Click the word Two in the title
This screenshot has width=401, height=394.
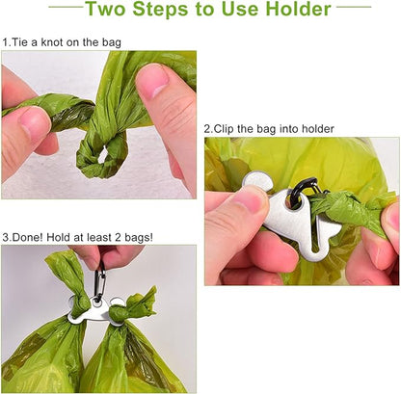coord(111,12)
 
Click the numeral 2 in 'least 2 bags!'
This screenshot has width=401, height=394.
coord(128,236)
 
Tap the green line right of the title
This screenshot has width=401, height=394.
coord(353,8)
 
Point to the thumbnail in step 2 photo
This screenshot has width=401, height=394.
coord(249,199)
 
